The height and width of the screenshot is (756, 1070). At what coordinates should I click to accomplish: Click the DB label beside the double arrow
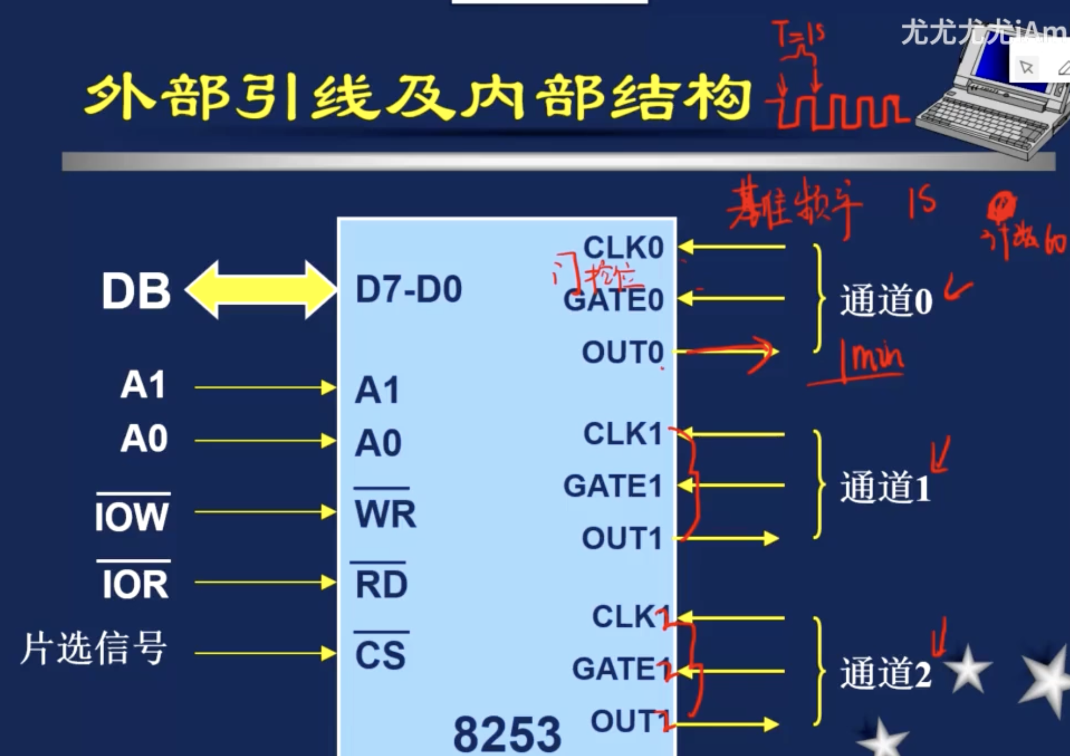pyautogui.click(x=136, y=291)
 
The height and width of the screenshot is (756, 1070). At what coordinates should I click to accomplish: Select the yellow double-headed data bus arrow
pyautogui.click(x=261, y=290)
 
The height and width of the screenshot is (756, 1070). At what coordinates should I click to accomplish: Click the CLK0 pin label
pyautogui.click(x=623, y=247)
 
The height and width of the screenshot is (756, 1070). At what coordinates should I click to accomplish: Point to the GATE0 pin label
pyautogui.click(x=613, y=299)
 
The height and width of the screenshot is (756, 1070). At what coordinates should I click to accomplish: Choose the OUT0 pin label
pyautogui.click(x=622, y=352)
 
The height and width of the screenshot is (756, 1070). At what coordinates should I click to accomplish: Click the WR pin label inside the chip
pyautogui.click(x=385, y=514)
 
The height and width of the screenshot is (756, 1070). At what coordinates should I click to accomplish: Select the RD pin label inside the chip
pyautogui.click(x=382, y=584)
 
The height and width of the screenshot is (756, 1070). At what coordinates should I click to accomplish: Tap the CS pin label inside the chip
pyautogui.click(x=380, y=655)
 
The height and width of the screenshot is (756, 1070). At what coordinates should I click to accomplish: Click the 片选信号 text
pyautogui.click(x=93, y=649)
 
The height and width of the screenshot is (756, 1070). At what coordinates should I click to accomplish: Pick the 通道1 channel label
pyautogui.click(x=885, y=487)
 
